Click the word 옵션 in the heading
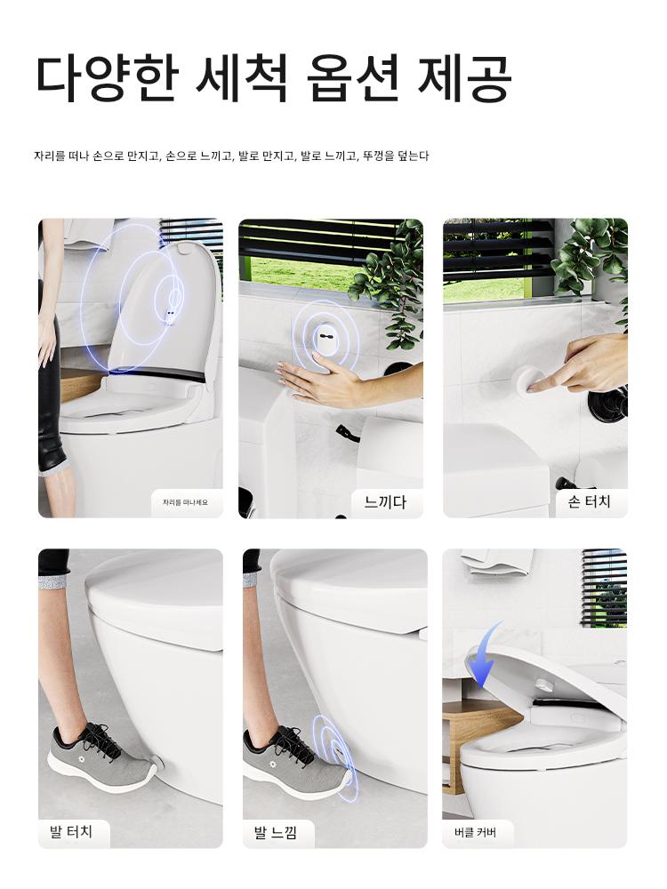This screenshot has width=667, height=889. (354, 78)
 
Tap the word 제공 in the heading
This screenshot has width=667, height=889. (464, 78)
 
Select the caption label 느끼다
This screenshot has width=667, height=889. (386, 501)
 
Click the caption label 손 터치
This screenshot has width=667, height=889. (590, 501)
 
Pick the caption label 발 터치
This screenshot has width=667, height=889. (71, 832)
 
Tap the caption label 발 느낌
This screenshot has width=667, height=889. (275, 832)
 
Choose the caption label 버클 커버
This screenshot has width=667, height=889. (475, 832)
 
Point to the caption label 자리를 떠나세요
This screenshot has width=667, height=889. (185, 501)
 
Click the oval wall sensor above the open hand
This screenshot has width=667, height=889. (325, 338)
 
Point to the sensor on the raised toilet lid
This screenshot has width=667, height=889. (170, 312)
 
